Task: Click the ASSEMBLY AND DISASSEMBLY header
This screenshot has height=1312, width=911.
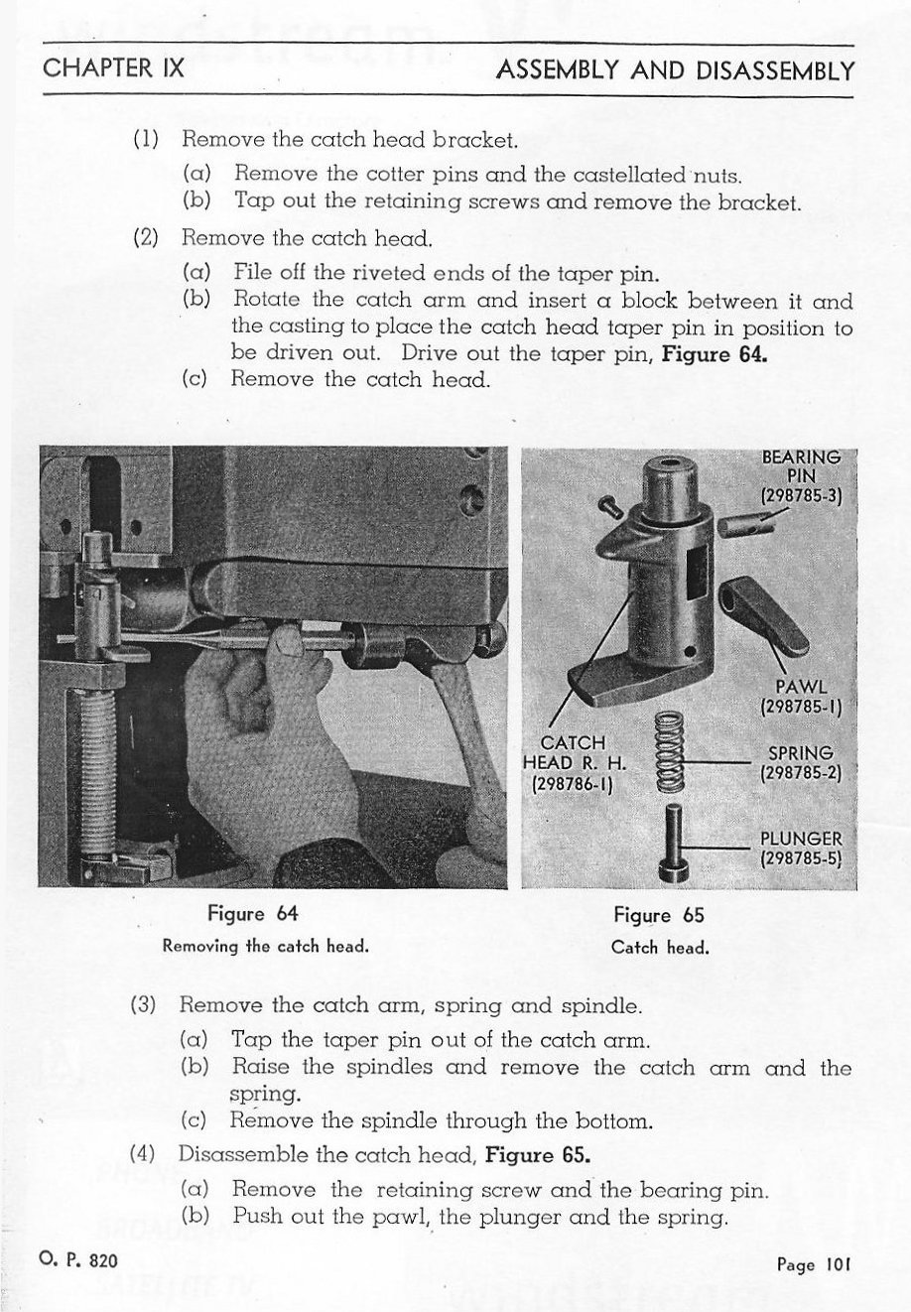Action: click(675, 70)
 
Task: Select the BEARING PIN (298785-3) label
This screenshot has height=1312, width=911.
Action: click(800, 477)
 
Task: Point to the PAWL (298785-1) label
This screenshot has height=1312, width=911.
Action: click(800, 697)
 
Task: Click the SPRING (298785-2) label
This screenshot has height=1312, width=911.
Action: click(800, 763)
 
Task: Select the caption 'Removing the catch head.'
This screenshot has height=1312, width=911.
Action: click(265, 946)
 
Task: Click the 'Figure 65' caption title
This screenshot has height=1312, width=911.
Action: click(659, 915)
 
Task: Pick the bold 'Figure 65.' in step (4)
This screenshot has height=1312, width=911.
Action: click(538, 1155)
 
